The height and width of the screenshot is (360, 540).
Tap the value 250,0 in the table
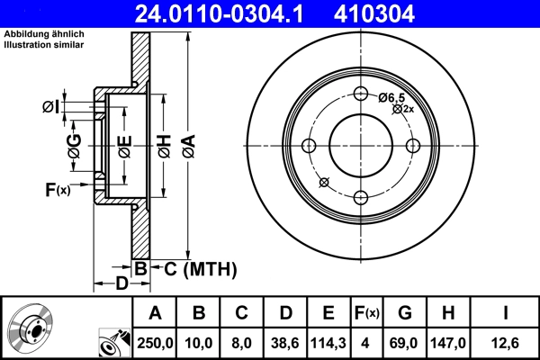[156, 341]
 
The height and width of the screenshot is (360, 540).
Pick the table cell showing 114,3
[328, 341]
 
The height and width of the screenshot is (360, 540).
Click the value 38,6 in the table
[285, 341]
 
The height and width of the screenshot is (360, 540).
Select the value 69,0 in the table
[405, 341]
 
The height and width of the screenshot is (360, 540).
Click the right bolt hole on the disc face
[413, 146]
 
